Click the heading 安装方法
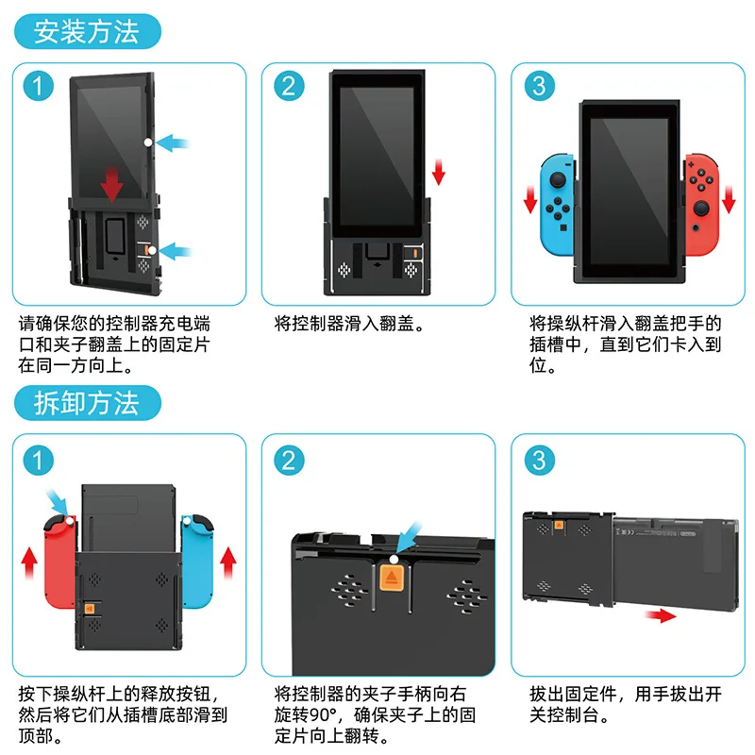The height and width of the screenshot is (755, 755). pos(86,31)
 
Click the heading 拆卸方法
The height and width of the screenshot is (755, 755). pos(86,403)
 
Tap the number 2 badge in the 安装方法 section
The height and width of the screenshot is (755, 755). pos(289,86)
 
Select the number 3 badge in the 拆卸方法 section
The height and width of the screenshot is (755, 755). pos(539,460)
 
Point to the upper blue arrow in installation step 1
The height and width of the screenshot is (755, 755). pos(175,143)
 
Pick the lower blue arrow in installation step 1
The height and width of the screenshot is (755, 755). pos(177,251)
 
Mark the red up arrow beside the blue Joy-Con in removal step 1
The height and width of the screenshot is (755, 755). pos(226,565)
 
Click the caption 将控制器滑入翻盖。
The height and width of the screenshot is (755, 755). pos(348,324)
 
